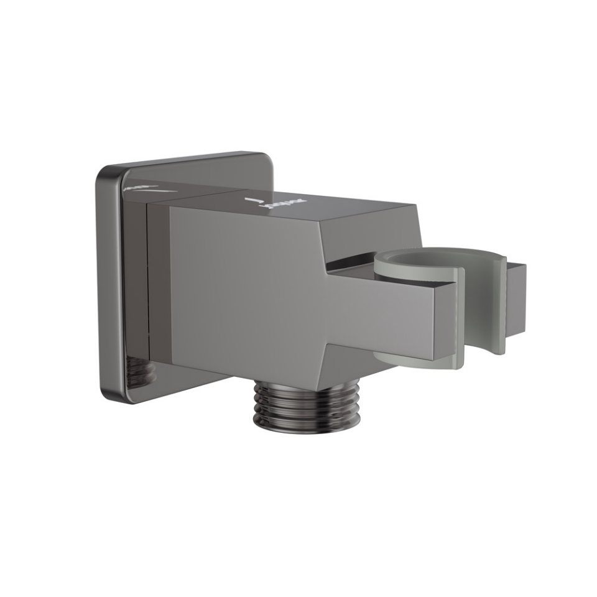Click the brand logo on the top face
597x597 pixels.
coord(284,203)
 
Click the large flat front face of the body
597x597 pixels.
coord(249,286)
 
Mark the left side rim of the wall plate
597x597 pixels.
coord(101,280)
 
